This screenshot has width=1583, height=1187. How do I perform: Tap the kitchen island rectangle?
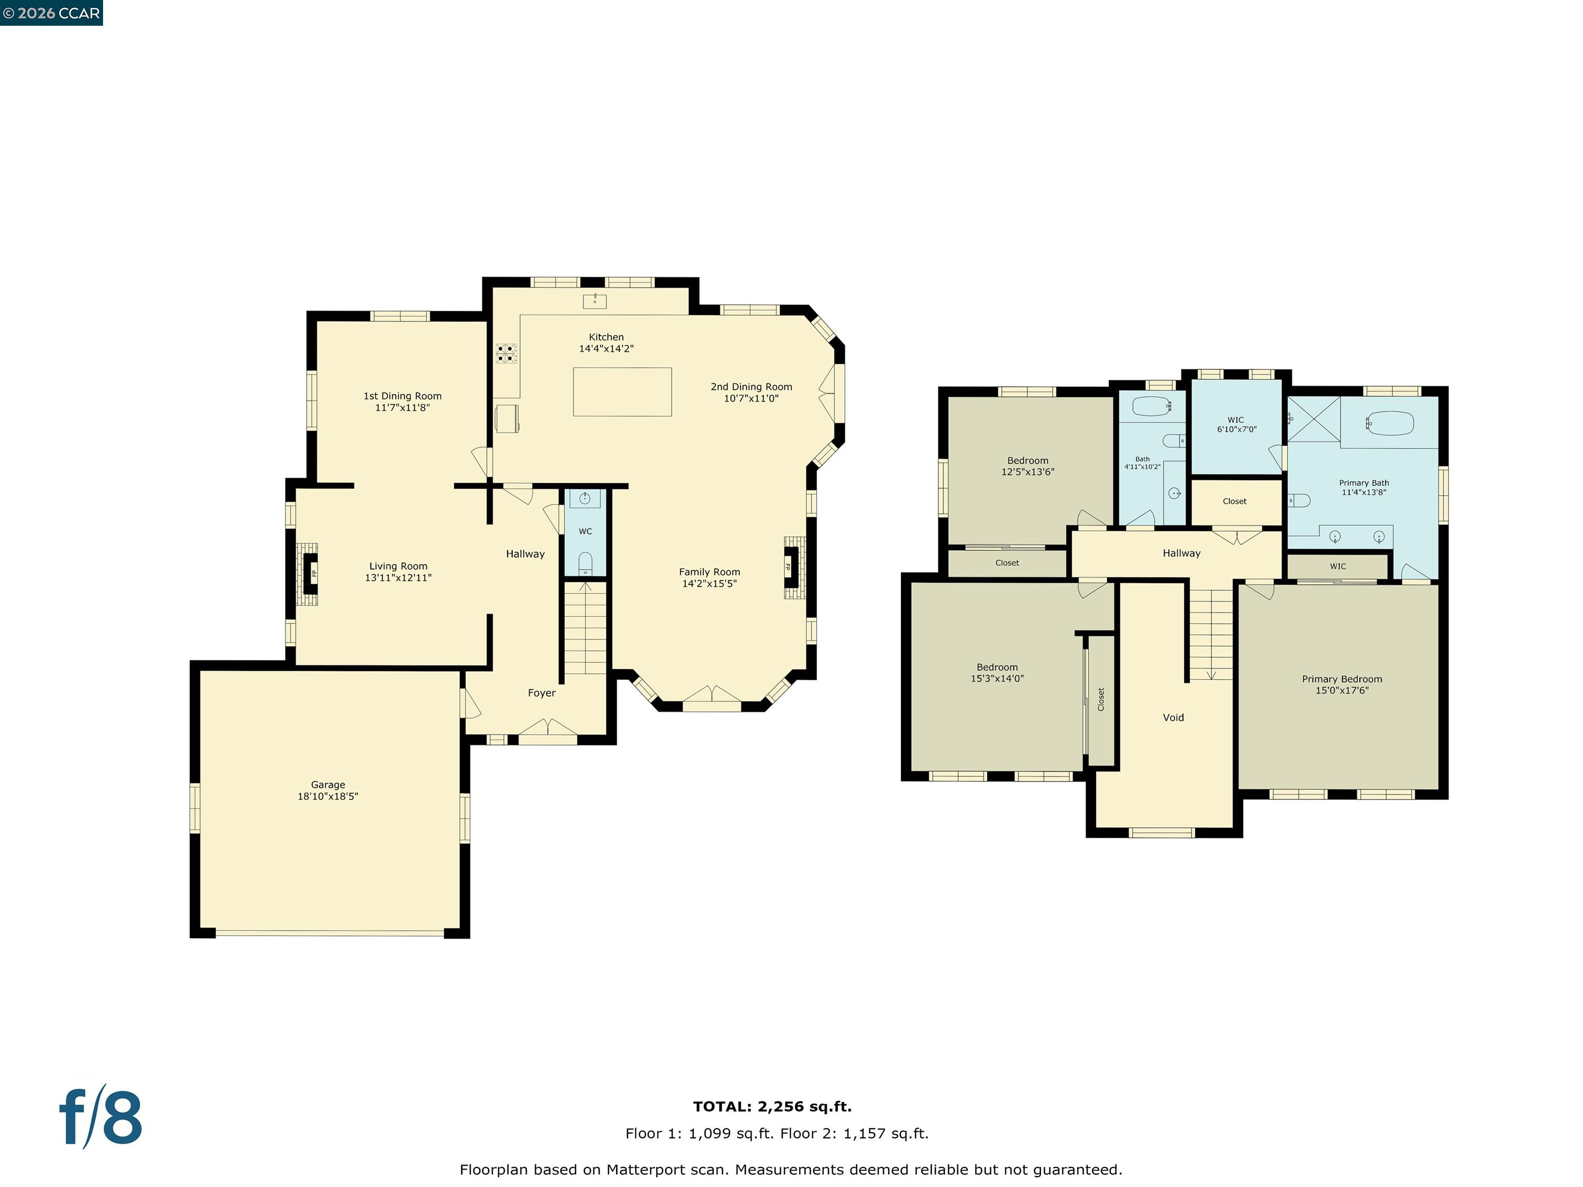[622, 392]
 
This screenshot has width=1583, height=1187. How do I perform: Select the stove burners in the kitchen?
[506, 353]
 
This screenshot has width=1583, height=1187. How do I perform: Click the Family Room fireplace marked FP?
[791, 567]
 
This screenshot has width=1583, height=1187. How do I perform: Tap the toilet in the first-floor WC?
[585, 563]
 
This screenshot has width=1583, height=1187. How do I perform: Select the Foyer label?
[542, 692]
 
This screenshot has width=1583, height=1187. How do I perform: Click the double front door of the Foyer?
[547, 730]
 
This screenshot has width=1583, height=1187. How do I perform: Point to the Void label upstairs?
[1173, 717]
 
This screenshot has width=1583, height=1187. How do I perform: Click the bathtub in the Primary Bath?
[1390, 423]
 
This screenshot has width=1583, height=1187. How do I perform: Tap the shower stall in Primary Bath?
[1313, 419]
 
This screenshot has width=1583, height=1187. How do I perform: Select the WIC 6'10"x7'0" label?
[1236, 425]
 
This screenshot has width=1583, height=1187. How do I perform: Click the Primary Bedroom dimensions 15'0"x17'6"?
[1342, 690]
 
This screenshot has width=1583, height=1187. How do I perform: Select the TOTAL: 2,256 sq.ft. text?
[772, 1106]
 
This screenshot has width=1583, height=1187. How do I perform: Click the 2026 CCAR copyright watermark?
[52, 13]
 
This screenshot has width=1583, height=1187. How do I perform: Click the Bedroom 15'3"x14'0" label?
[997, 672]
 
